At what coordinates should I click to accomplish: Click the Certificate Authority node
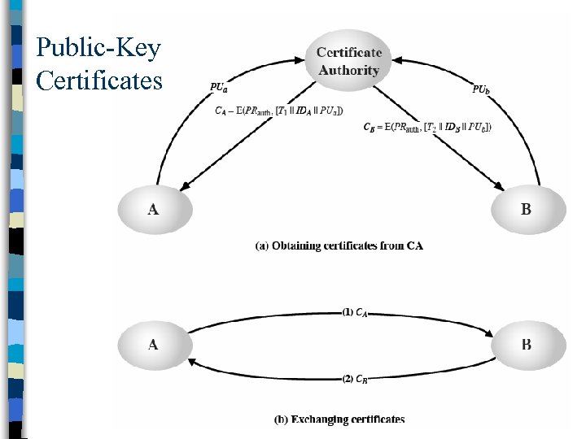click(x=348, y=61)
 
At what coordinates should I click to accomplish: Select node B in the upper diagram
click(x=526, y=210)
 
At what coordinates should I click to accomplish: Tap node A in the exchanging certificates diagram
click(x=153, y=344)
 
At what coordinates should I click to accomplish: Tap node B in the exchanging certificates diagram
click(x=526, y=344)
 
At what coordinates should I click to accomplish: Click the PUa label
click(x=219, y=86)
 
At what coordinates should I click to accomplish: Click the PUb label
click(x=481, y=89)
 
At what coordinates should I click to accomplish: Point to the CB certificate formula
click(x=426, y=126)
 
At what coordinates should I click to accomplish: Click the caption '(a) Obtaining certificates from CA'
click(x=339, y=246)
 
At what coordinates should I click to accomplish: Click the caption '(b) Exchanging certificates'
click(x=339, y=419)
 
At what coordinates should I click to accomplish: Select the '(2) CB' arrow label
click(x=355, y=378)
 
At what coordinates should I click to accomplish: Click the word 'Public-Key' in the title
click(x=98, y=48)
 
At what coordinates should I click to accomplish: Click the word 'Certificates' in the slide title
click(x=99, y=80)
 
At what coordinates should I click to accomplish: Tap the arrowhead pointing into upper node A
click(x=185, y=189)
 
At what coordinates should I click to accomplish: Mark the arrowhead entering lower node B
click(x=490, y=332)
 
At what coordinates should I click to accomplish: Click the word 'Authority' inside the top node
click(x=348, y=70)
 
